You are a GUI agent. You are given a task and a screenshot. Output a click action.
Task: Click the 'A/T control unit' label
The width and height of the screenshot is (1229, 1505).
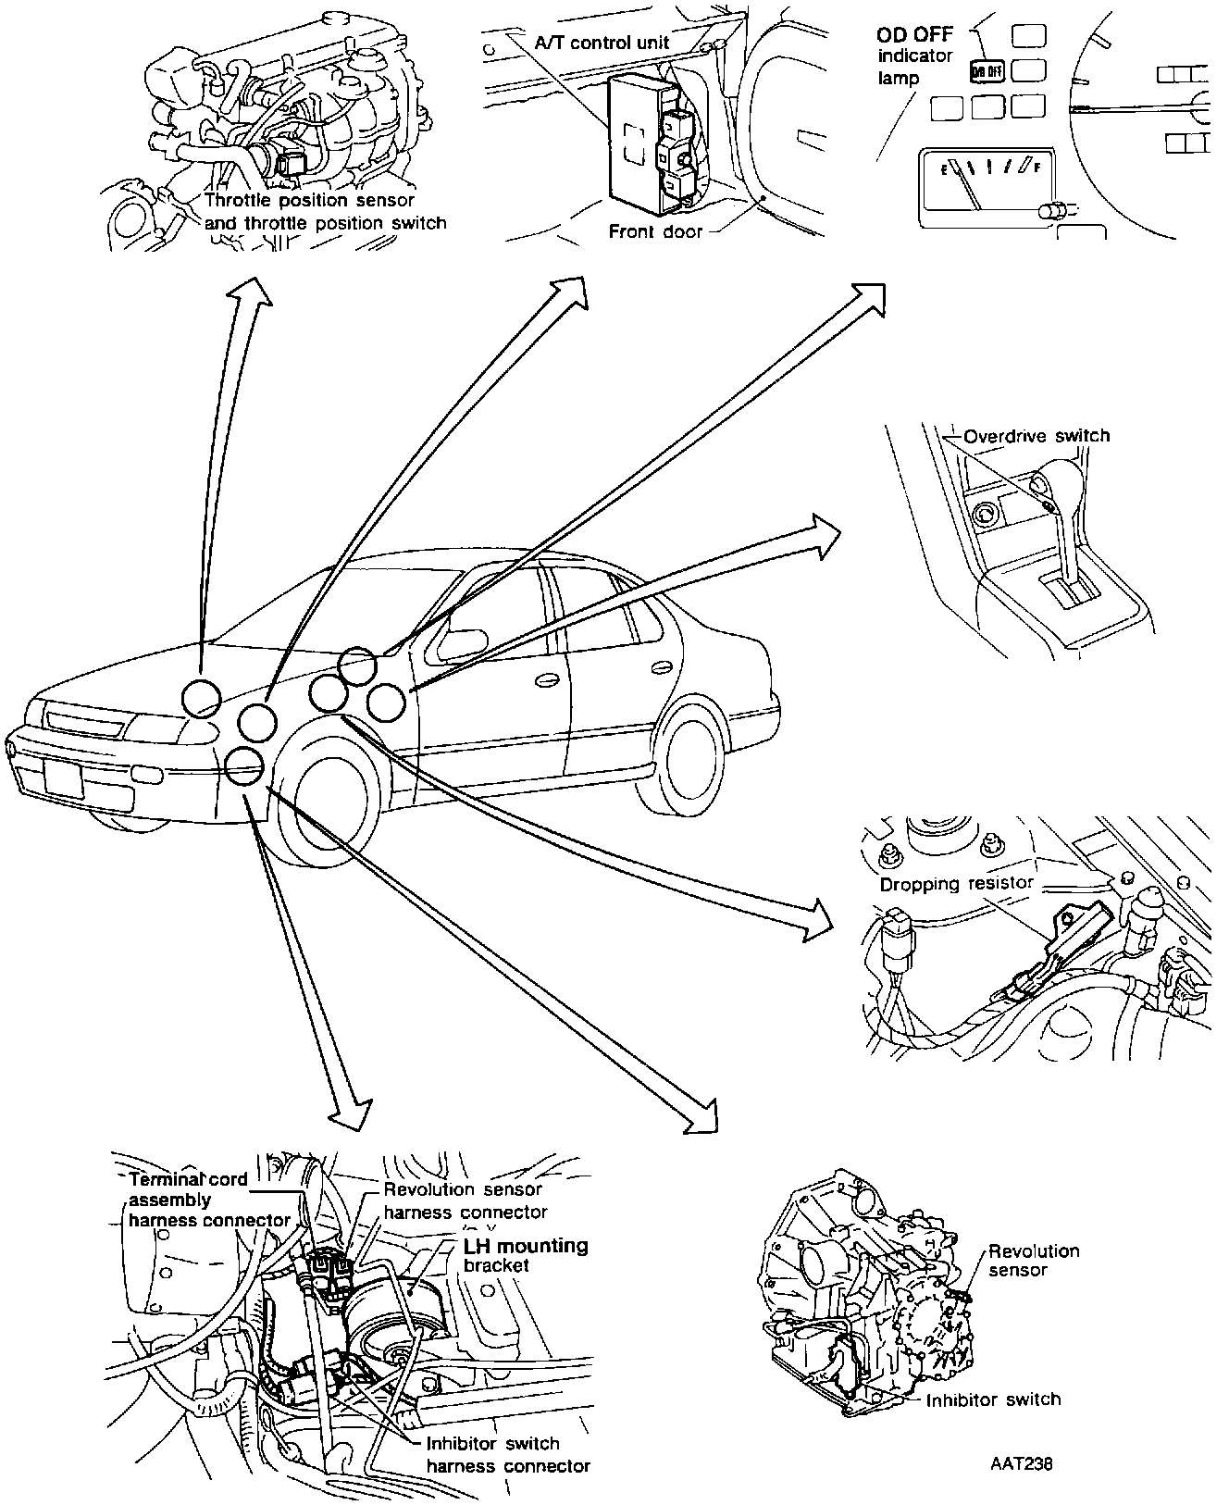602,42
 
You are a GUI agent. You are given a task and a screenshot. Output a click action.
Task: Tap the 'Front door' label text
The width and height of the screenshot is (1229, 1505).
655,231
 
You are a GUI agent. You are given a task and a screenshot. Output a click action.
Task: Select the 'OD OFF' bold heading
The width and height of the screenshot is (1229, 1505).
914,37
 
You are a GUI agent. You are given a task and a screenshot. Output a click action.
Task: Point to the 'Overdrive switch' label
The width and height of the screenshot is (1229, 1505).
1036,436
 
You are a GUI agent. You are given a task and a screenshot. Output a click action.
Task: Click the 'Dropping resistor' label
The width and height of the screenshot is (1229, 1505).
956,884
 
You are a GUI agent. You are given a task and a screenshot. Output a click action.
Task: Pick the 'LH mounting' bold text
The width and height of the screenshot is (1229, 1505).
526,1246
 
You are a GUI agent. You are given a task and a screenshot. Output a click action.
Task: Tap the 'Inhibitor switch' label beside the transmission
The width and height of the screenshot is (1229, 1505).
993,1399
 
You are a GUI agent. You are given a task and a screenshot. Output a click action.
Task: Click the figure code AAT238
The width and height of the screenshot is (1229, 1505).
1021,1464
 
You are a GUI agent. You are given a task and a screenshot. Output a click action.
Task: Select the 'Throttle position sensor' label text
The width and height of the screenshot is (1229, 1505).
309,200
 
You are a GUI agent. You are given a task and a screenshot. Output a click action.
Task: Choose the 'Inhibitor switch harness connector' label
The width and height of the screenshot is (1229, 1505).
507,1454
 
